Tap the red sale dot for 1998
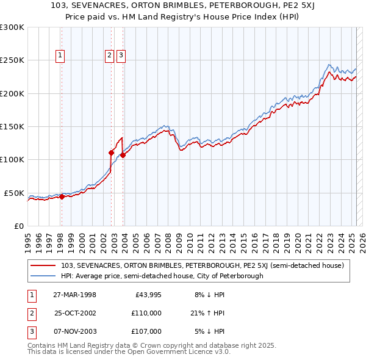[62, 196]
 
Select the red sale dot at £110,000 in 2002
[112, 153]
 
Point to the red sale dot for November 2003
[123, 155]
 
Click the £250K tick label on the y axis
[12, 60]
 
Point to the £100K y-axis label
[12, 160]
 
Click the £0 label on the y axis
[18, 226]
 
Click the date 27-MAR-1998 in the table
[74, 295]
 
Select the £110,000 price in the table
[147, 313]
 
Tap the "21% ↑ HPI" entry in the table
[208, 313]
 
